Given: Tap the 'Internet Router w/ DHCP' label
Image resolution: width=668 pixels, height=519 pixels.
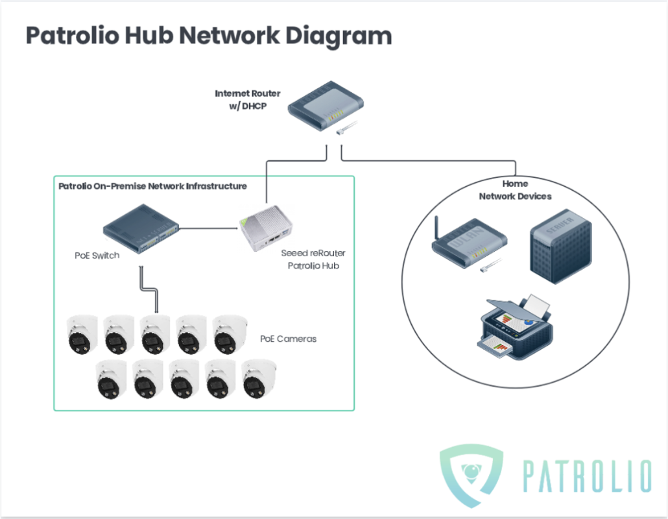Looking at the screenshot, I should (x=247, y=99).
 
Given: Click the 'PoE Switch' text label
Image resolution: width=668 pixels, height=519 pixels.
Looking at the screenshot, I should (x=97, y=256).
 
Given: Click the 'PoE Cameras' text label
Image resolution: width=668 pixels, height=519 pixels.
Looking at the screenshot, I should (x=288, y=339).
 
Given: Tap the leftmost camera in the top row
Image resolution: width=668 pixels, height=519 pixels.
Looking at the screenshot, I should (x=83, y=335).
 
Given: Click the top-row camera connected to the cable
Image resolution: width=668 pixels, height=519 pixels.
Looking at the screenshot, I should (x=154, y=335).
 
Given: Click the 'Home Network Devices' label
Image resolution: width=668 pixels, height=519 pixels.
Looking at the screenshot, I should (x=515, y=190).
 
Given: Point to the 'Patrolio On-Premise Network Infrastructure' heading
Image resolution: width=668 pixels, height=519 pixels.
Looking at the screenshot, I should (x=152, y=186).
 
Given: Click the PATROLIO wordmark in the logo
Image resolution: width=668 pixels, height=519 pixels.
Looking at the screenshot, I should (x=586, y=477).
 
